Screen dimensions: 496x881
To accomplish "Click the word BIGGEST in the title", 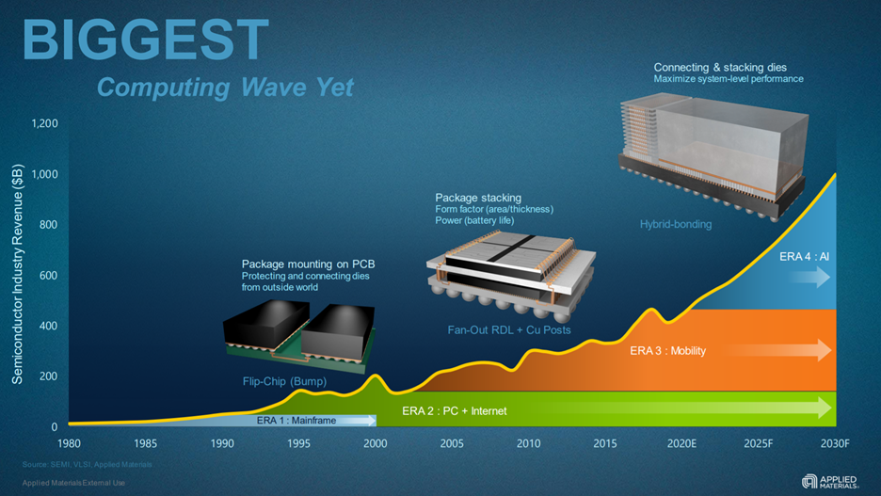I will [145, 40].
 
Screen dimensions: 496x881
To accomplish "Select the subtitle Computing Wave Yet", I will [225, 88].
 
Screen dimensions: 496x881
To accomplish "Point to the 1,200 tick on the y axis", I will [44, 123].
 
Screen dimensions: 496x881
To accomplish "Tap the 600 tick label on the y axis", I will [49, 276].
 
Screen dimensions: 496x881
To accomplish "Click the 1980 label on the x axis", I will [69, 443].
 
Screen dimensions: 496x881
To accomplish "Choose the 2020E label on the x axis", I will [682, 443].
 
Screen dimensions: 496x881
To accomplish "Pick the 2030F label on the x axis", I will [833, 443].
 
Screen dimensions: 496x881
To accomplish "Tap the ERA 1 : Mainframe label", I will [296, 421].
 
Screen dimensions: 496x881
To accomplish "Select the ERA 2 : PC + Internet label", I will [454, 410].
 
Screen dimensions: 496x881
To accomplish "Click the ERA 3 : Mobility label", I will [667, 351].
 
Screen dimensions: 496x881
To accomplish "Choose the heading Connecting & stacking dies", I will [720, 68].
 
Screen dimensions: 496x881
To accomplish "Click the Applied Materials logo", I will [829, 480].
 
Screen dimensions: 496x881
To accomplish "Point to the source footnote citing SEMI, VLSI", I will [87, 464].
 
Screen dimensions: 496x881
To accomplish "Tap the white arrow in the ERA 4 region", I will [810, 277].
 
